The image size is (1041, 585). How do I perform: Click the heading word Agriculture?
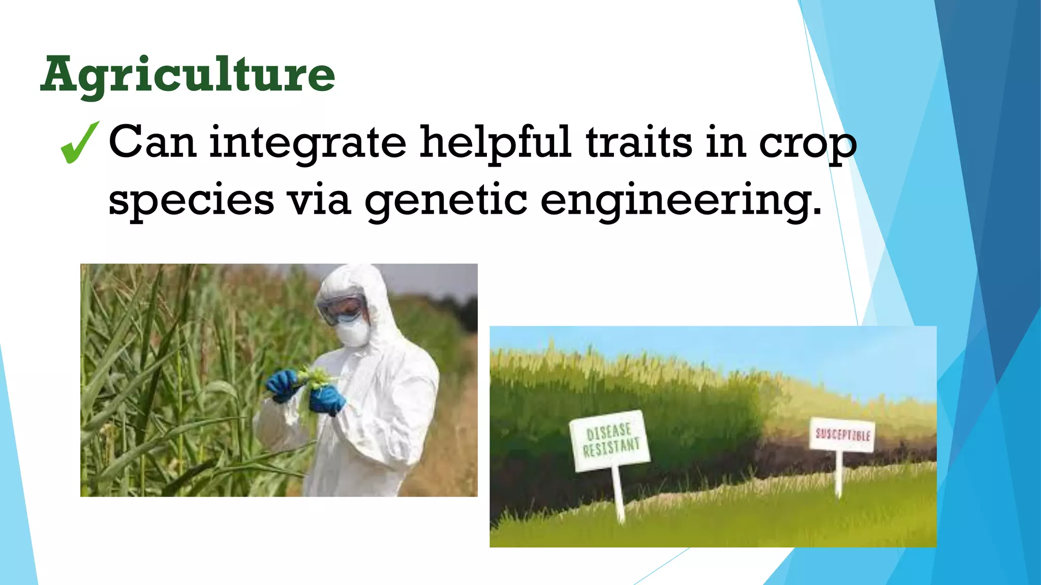point(188,75)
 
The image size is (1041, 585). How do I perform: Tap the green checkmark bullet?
point(79,143)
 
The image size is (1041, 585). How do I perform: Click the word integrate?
point(308,143)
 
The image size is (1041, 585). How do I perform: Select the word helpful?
point(495,143)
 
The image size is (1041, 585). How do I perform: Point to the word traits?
point(639,143)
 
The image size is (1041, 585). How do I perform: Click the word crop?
point(808,145)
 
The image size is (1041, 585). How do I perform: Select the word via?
point(320,199)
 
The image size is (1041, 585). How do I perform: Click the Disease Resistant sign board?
point(610,440)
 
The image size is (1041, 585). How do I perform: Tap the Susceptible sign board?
point(842,434)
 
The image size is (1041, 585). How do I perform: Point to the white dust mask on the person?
point(352,333)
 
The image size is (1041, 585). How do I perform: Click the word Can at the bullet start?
point(152,143)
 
